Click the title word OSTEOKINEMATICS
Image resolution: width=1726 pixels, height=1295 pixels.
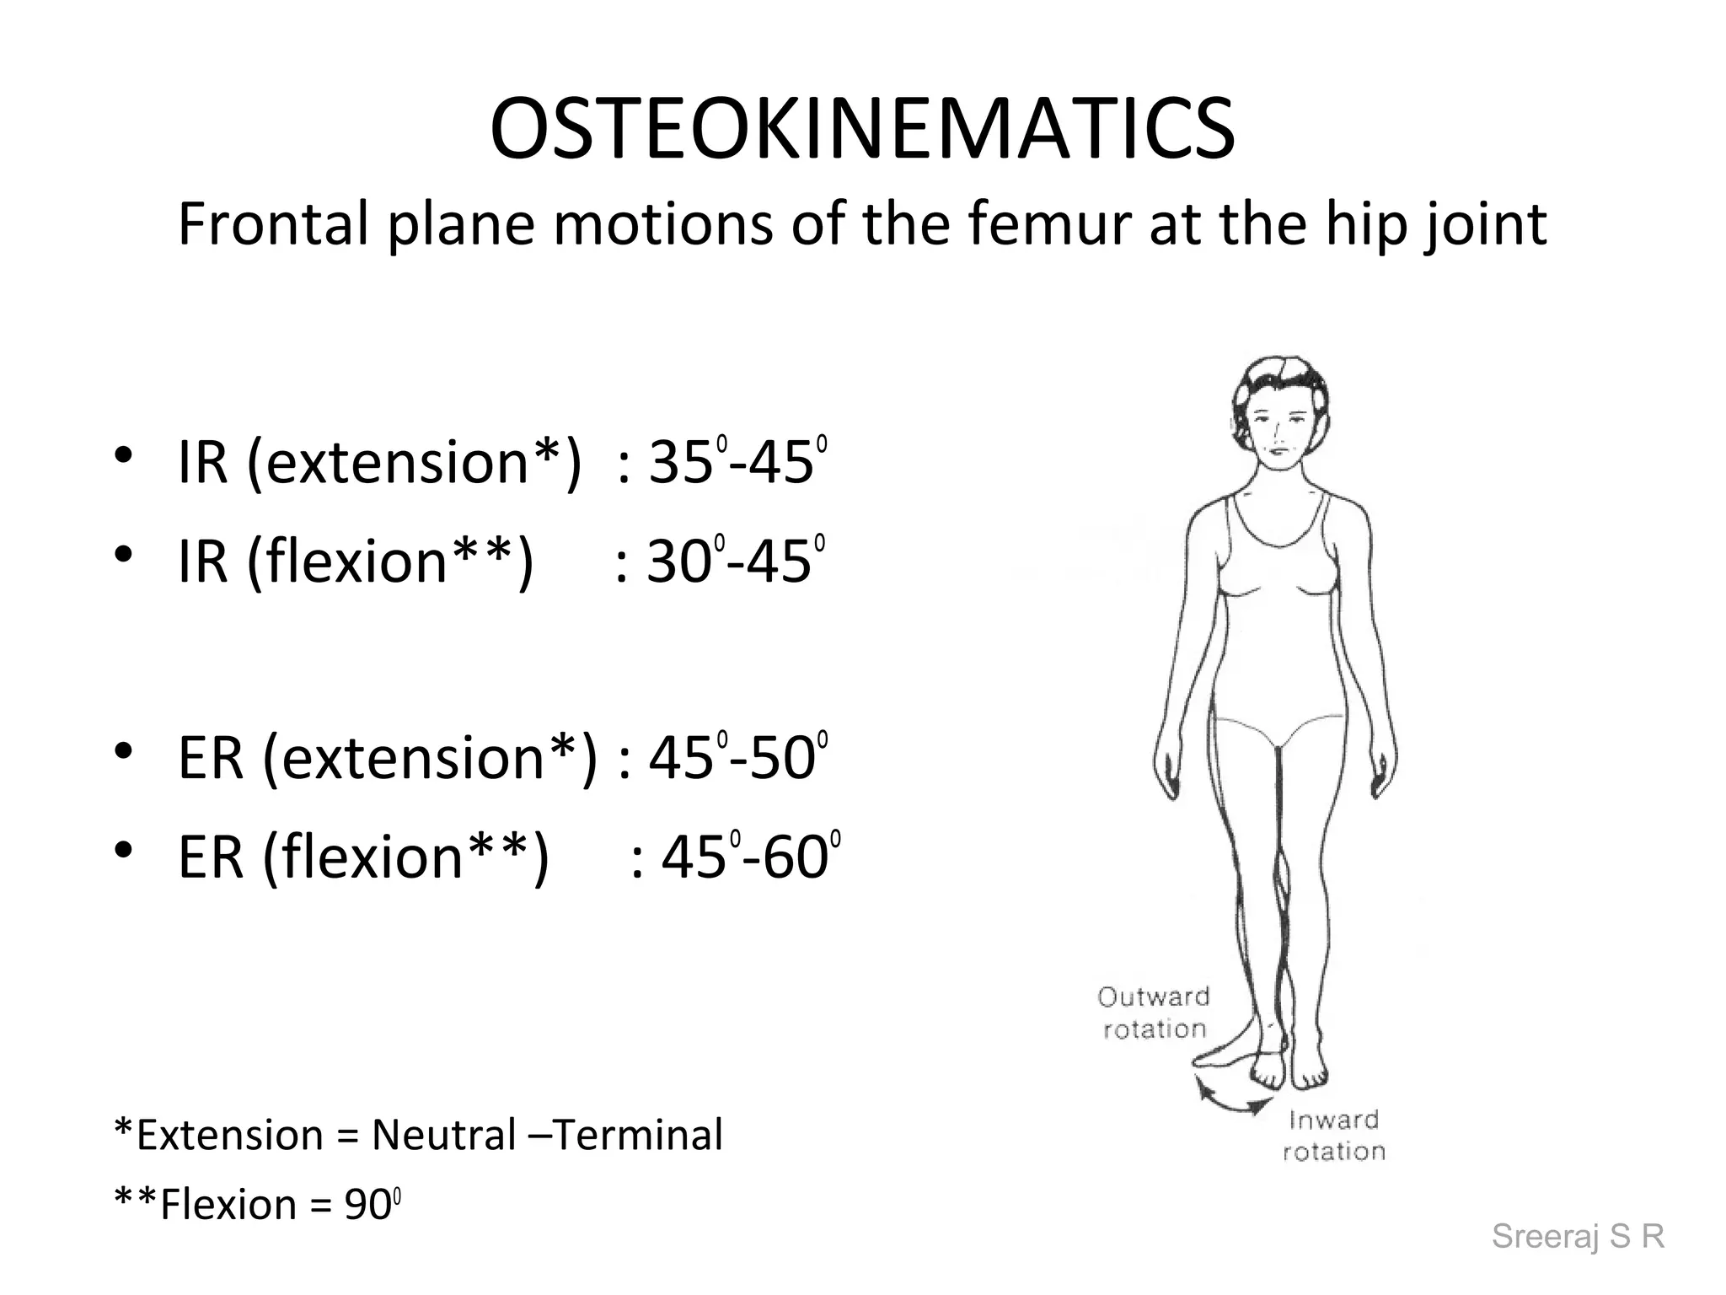[862, 129]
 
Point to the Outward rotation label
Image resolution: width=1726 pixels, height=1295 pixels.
[1154, 1013]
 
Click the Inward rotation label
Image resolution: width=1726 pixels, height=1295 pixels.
[1334, 1136]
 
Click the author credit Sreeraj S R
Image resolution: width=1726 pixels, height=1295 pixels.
[1578, 1236]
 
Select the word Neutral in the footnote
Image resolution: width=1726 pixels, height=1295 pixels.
[443, 1135]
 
